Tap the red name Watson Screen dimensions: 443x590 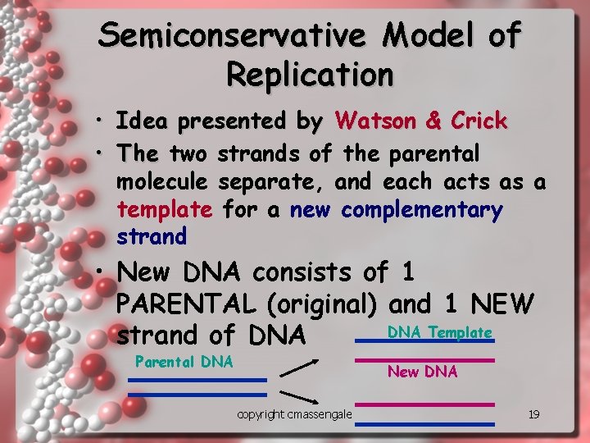click(x=377, y=121)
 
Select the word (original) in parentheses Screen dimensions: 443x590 click(x=322, y=304)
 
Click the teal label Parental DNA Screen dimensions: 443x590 click(x=184, y=361)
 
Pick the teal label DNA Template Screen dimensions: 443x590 click(x=439, y=332)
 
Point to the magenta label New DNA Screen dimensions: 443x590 click(x=422, y=372)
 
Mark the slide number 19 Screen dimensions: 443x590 click(x=533, y=415)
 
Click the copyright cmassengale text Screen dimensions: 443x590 click(x=294, y=415)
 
